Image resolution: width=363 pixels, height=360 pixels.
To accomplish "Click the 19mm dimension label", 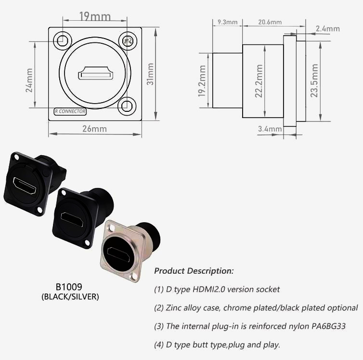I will pos(94,17).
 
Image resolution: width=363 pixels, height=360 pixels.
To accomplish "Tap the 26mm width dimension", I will pos(94,129).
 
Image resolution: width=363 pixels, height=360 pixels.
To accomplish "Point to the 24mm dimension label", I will pos(29,80).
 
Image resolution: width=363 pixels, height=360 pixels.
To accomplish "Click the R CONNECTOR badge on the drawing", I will pos(70,111).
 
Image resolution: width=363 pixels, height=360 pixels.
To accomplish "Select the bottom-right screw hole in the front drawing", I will pos(128,105).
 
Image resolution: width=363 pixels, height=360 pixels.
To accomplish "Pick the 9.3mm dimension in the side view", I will pos(228,22).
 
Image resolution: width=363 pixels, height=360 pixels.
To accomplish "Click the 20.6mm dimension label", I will pos(270,22).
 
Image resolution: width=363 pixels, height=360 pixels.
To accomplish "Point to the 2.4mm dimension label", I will pos(327,29).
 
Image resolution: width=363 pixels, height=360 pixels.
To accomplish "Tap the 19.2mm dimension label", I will pos(202,81).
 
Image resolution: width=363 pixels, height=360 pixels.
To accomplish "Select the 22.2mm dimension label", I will pos(260,81).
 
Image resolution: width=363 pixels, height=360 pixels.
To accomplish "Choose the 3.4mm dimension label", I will pos(270,129).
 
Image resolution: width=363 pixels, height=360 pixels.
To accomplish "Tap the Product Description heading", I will pos(194,271).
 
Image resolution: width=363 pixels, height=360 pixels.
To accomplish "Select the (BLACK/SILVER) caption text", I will pos(70,297).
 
